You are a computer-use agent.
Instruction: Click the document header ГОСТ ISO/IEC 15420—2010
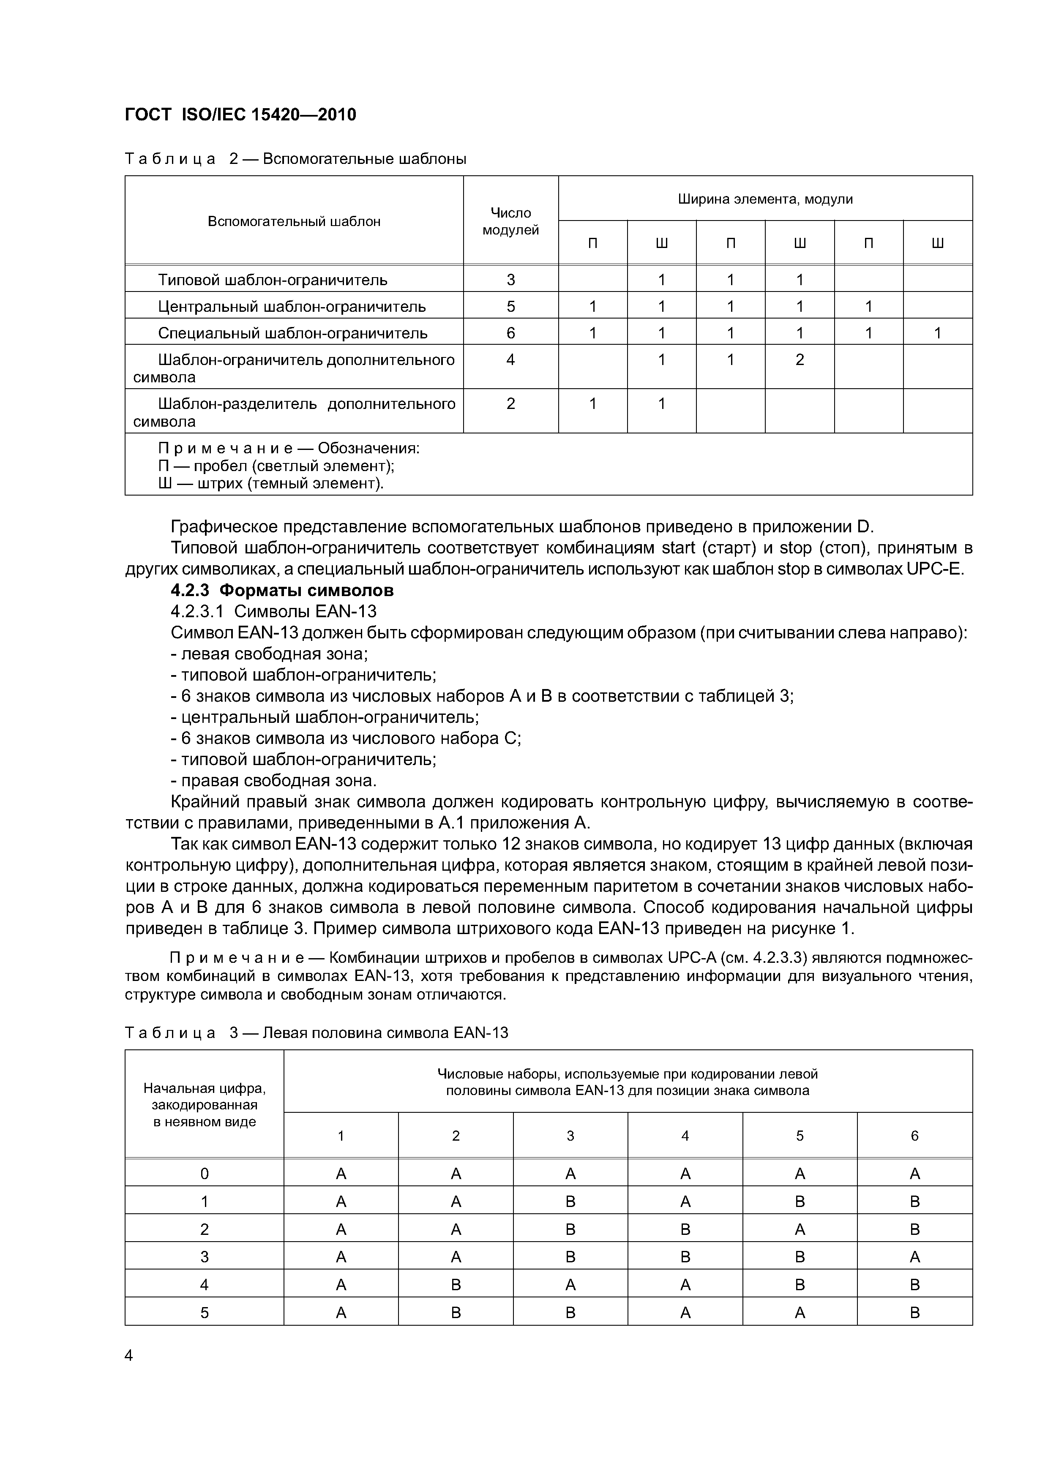pos(240,115)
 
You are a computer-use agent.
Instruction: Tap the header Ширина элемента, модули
pos(765,199)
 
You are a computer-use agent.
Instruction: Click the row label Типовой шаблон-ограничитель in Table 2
pos(273,280)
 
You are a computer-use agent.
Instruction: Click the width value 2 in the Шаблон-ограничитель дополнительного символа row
pos(800,360)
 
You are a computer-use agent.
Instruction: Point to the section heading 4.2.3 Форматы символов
pos(282,590)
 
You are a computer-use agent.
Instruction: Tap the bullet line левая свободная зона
pos(269,654)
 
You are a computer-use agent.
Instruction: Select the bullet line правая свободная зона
pos(273,780)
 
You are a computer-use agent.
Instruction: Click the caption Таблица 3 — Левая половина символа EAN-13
pos(317,1033)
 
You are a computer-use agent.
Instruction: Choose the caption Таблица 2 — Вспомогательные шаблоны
pos(295,159)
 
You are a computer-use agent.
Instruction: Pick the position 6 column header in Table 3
pos(914,1136)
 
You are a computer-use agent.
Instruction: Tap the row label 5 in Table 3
pos(204,1312)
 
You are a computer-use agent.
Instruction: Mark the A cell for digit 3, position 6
pos(914,1257)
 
